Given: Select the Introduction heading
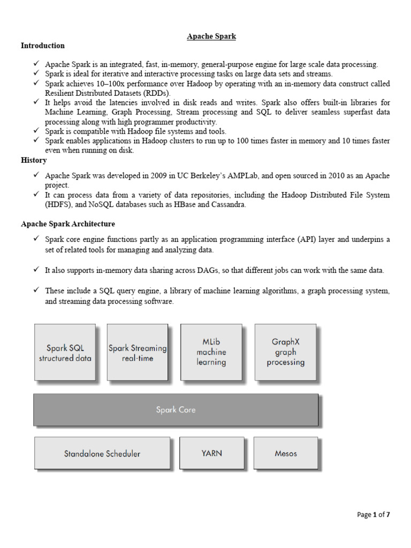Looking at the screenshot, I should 43,45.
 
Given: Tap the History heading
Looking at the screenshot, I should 34,160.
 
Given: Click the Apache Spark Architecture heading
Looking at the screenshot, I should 68,224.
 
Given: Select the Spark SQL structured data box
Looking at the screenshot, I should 65,353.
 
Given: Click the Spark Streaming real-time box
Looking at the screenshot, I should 138,353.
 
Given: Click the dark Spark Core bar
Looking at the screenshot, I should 176,410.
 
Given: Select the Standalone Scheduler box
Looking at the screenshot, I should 102,453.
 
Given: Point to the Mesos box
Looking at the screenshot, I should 285,453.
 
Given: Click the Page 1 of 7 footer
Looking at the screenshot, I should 374,515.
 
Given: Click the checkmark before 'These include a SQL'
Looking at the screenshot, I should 36,290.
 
